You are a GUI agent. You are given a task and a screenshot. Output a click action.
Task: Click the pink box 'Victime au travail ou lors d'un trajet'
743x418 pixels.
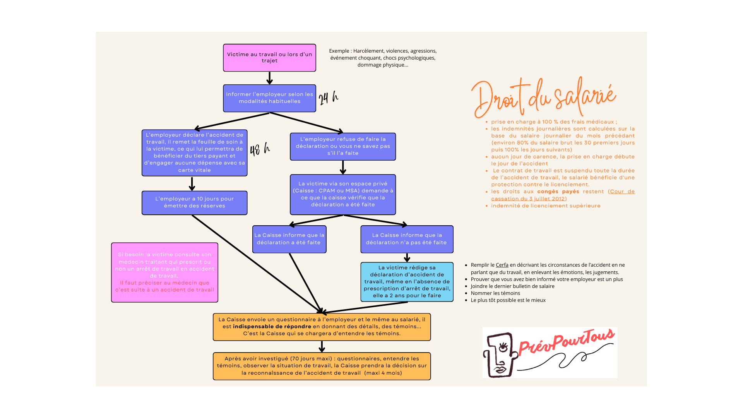click(x=269, y=58)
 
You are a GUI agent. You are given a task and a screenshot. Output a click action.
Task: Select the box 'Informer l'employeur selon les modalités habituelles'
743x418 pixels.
click(x=269, y=98)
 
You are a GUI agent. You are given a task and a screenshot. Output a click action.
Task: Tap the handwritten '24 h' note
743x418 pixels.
click(x=328, y=98)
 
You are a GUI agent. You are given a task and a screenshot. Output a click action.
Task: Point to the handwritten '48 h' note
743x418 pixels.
click(x=260, y=149)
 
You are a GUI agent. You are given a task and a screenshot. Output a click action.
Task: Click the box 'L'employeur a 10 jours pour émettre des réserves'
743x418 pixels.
click(x=194, y=202)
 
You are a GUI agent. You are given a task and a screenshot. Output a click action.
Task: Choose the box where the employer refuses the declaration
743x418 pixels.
click(x=342, y=146)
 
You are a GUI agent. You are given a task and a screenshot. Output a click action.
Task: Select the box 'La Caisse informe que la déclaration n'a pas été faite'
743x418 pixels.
click(x=407, y=239)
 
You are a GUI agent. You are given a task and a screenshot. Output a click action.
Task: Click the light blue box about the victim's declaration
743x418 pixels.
click(x=407, y=281)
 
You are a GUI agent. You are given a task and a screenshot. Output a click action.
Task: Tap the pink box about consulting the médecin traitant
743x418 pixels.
click(x=164, y=272)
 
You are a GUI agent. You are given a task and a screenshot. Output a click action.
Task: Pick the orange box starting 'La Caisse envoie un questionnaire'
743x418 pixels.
click(x=322, y=327)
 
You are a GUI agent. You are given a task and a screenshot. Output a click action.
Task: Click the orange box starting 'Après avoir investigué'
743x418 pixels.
click(x=322, y=366)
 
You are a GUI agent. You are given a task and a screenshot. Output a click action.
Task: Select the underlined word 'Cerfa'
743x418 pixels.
click(x=502, y=265)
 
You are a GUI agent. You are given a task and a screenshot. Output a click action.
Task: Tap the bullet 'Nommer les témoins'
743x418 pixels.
click(x=495, y=293)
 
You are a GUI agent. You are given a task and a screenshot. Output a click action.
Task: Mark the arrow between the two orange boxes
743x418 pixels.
click(x=322, y=346)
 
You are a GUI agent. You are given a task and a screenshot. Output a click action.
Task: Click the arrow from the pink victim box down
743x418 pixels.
click(x=269, y=78)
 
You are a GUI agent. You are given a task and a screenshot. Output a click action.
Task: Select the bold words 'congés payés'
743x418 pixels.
click(x=558, y=192)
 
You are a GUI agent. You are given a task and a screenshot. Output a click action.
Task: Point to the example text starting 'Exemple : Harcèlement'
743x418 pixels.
click(x=383, y=58)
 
